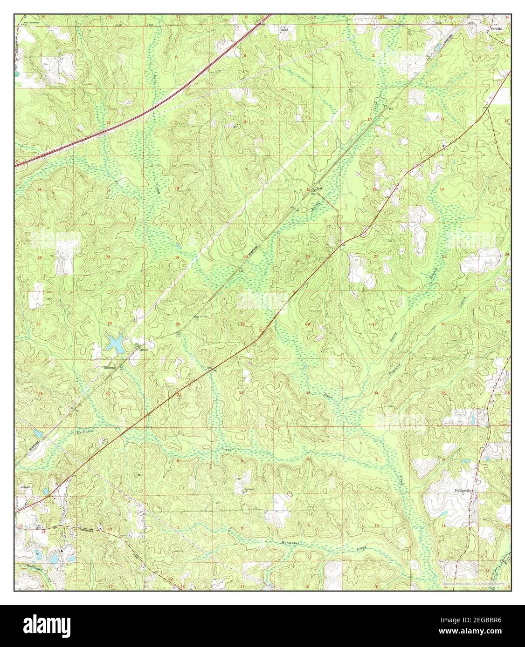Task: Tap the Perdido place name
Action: (496, 28)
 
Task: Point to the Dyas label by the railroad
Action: (319, 189)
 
